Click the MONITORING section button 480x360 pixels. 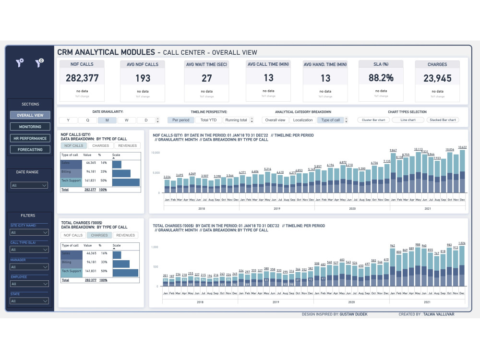coord(30,127)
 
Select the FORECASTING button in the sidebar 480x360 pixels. coord(30,149)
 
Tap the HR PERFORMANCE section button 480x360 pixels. coord(30,138)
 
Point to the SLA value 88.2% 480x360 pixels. coord(381,78)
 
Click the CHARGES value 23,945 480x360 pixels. coord(437,78)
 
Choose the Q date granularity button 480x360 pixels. coord(87,120)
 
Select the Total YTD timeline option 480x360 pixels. coord(208,120)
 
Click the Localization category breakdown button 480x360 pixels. coord(302,120)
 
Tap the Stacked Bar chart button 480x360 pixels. coord(443,120)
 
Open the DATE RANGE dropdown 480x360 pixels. coord(30,185)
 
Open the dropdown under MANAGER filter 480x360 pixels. coord(30,267)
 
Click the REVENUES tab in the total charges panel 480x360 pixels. coord(126,235)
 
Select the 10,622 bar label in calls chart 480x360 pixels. coord(462,147)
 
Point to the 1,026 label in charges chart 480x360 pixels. coord(462,243)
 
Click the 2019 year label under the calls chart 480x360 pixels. coord(276,209)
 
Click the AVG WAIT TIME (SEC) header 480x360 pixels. coord(206,64)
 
